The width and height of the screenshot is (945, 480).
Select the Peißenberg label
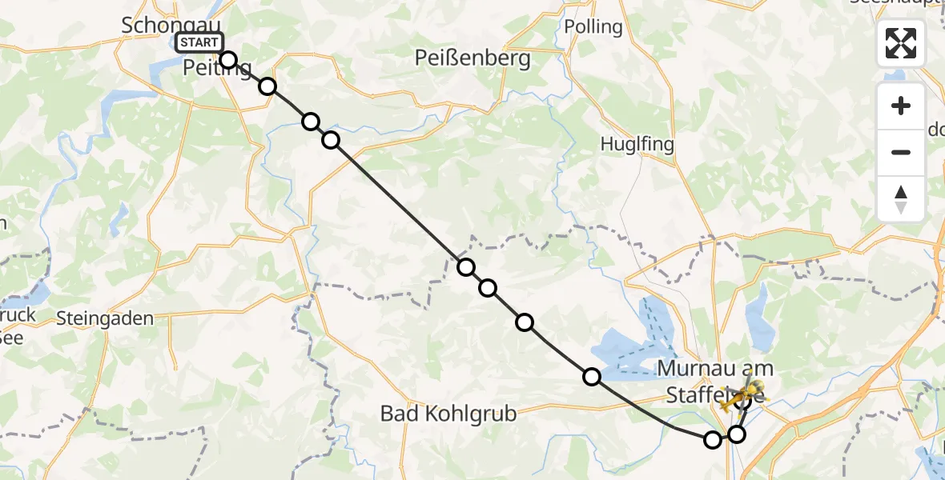(472, 58)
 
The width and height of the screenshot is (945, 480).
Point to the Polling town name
(593, 26)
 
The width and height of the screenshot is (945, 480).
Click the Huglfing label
(637, 144)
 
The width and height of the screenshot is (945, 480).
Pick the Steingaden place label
(105, 318)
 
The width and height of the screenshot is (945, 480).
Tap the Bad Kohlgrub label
(448, 414)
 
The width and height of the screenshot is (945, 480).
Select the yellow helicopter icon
(743, 392)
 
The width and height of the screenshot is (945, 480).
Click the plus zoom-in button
(901, 106)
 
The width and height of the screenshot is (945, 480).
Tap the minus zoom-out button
(901, 152)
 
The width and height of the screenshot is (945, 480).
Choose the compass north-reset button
(901, 199)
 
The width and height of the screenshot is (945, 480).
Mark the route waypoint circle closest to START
(228, 60)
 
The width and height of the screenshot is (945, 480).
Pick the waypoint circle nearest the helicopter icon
(742, 402)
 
